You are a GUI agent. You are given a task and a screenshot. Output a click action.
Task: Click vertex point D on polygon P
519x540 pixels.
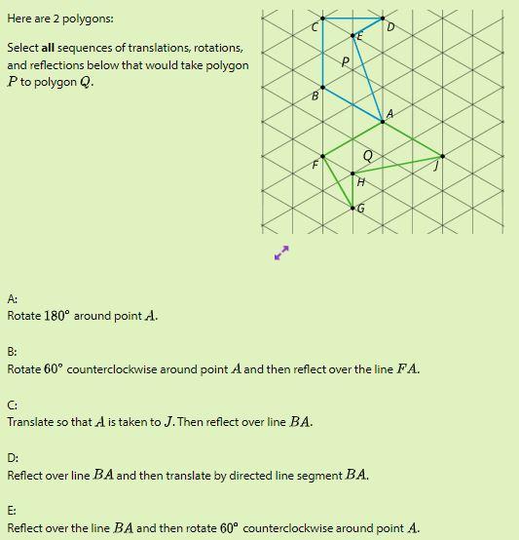pyautogui.click(x=383, y=18)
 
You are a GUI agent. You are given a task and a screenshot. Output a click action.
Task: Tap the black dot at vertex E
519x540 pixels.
pyautogui.click(x=352, y=35)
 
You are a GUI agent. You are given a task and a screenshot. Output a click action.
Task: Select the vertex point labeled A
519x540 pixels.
pyautogui.click(x=383, y=122)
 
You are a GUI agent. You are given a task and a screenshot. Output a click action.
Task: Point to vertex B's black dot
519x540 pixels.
pyautogui.click(x=322, y=87)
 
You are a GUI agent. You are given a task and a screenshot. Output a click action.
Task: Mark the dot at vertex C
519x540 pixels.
pyautogui.click(x=322, y=18)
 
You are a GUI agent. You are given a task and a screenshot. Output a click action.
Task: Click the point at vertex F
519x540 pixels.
pyautogui.click(x=322, y=156)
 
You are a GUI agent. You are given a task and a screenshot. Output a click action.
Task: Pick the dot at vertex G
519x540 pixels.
pyautogui.click(x=352, y=208)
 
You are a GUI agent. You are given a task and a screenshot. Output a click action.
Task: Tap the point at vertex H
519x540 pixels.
pyautogui.click(x=352, y=174)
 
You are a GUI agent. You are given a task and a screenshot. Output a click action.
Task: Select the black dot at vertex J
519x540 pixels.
pyautogui.click(x=443, y=156)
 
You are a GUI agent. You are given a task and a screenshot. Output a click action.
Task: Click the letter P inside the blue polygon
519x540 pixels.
pyautogui.click(x=345, y=61)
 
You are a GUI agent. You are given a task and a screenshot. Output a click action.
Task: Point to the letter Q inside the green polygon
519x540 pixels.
pyautogui.click(x=367, y=155)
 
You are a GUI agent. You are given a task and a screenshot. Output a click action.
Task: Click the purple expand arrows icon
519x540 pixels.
pyautogui.click(x=281, y=252)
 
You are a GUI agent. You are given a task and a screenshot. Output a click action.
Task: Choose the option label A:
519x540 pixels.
pyautogui.click(x=12, y=299)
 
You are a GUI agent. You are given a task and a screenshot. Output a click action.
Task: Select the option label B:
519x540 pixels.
pyautogui.click(x=12, y=352)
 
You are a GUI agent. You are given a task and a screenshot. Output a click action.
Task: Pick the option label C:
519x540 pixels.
pyautogui.click(x=12, y=405)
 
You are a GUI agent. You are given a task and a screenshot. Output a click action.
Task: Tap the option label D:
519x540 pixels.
pyautogui.click(x=12, y=458)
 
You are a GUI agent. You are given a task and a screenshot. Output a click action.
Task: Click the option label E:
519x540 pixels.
pyautogui.click(x=12, y=511)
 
